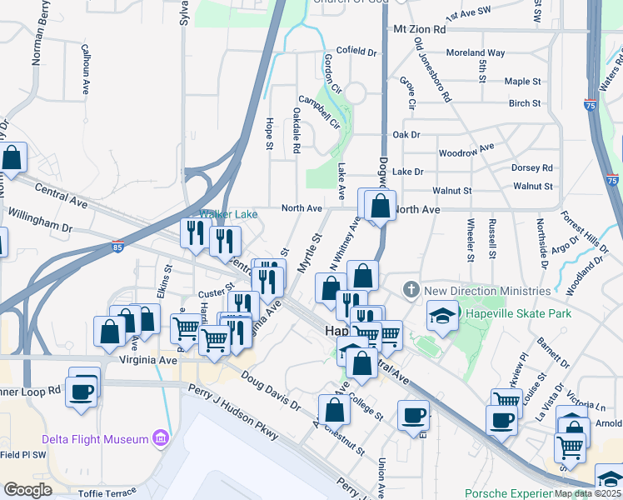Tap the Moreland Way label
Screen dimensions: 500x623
coord(476,52)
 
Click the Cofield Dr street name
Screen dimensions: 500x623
coord(356,51)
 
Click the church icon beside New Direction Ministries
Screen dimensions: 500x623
coord(410,291)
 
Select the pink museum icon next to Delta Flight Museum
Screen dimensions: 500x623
coord(162,438)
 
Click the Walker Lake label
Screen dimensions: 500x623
coord(228,214)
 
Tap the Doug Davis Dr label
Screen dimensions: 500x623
coord(270,392)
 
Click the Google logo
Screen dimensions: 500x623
coord(27,490)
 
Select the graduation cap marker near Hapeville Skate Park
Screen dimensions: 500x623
coord(442,316)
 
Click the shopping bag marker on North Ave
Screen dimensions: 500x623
coord(380,205)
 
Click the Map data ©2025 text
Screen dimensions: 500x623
coord(587,493)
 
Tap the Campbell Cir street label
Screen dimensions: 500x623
coord(320,112)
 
